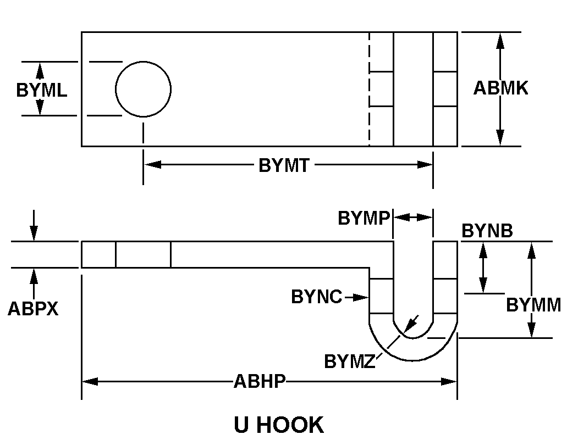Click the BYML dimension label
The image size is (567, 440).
pos(42,90)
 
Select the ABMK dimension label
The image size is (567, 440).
pos(500,88)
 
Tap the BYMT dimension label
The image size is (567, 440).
pos(284,165)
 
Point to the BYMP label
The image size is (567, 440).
pos(364,218)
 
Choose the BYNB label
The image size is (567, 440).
pos(487,231)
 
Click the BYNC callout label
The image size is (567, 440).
pos(317,297)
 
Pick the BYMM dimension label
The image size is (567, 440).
pos(533,305)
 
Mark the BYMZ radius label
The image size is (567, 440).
pos(349,361)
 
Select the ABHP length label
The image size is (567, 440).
pos(260,381)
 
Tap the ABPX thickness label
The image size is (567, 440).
pos(33,309)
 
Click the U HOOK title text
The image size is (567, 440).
pos(279,425)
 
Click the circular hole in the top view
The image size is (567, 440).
pos(143,89)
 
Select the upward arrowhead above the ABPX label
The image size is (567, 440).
pos(34,275)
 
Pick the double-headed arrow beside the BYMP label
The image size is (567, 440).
pos(414,217)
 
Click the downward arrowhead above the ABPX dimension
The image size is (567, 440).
pos(34,234)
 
